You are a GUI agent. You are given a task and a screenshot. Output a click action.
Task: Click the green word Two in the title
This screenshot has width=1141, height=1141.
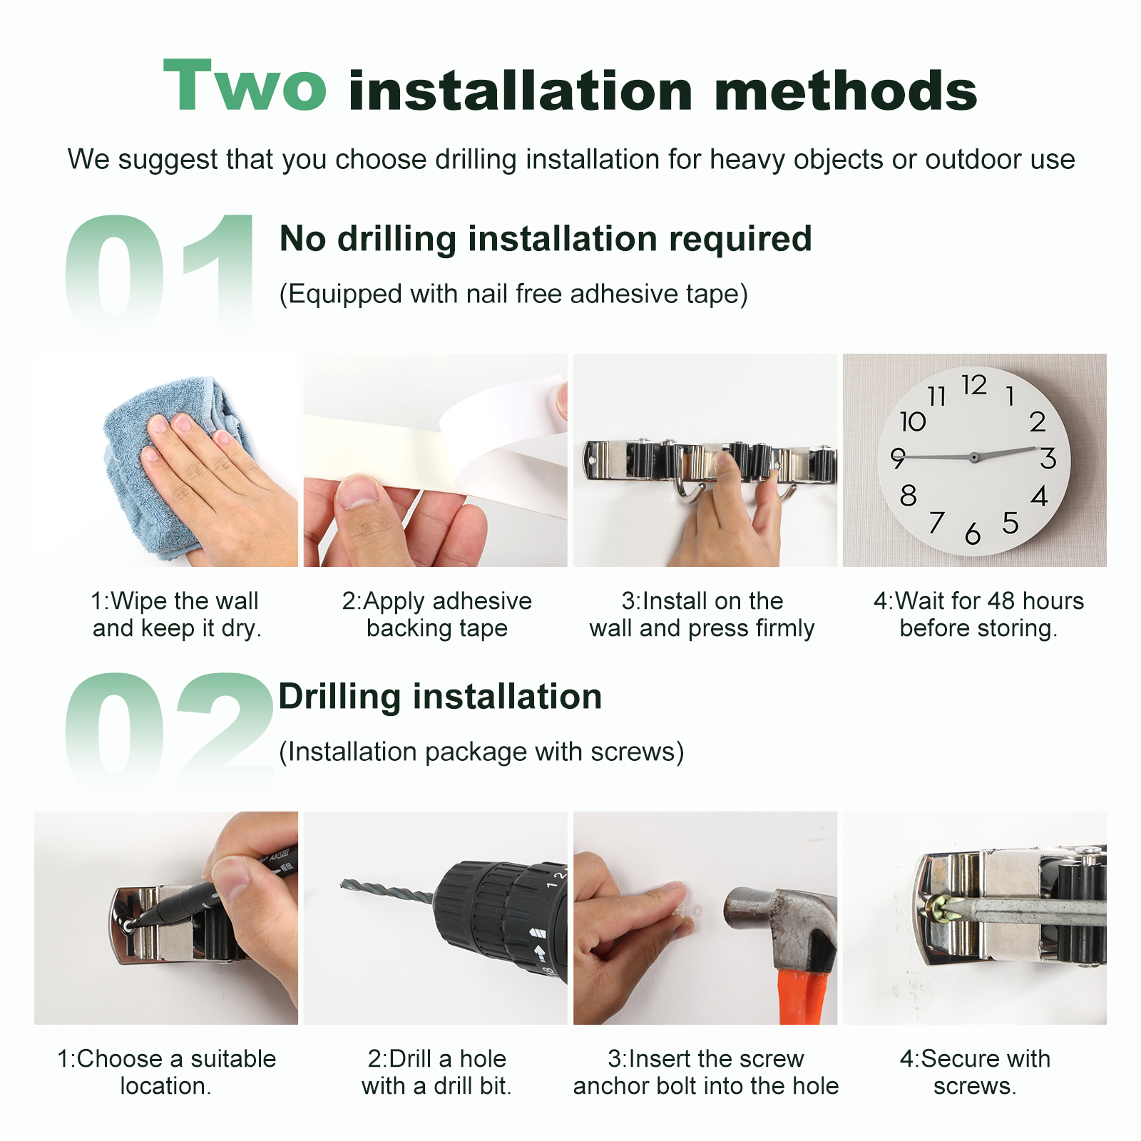(x=245, y=86)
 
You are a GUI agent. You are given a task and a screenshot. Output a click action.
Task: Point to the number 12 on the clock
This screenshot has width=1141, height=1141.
(x=974, y=385)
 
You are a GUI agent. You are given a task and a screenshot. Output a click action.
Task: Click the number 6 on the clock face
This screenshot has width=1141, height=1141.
(x=973, y=533)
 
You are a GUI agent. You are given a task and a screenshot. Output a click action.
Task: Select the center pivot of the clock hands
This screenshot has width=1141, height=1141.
(x=973, y=457)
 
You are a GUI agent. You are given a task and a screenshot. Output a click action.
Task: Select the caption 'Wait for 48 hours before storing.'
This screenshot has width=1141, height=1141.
(x=978, y=615)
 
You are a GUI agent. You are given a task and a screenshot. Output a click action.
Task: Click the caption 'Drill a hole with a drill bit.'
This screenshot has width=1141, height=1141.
(x=436, y=1073)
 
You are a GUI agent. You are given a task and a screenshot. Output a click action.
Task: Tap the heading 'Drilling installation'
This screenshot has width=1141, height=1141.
(x=440, y=696)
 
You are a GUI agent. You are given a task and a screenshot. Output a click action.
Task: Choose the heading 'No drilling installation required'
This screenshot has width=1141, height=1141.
(x=546, y=238)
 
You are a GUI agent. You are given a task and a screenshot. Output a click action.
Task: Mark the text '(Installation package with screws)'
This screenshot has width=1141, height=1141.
(x=481, y=752)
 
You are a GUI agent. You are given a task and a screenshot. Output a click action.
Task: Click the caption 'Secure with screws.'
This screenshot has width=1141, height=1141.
(x=975, y=1073)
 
